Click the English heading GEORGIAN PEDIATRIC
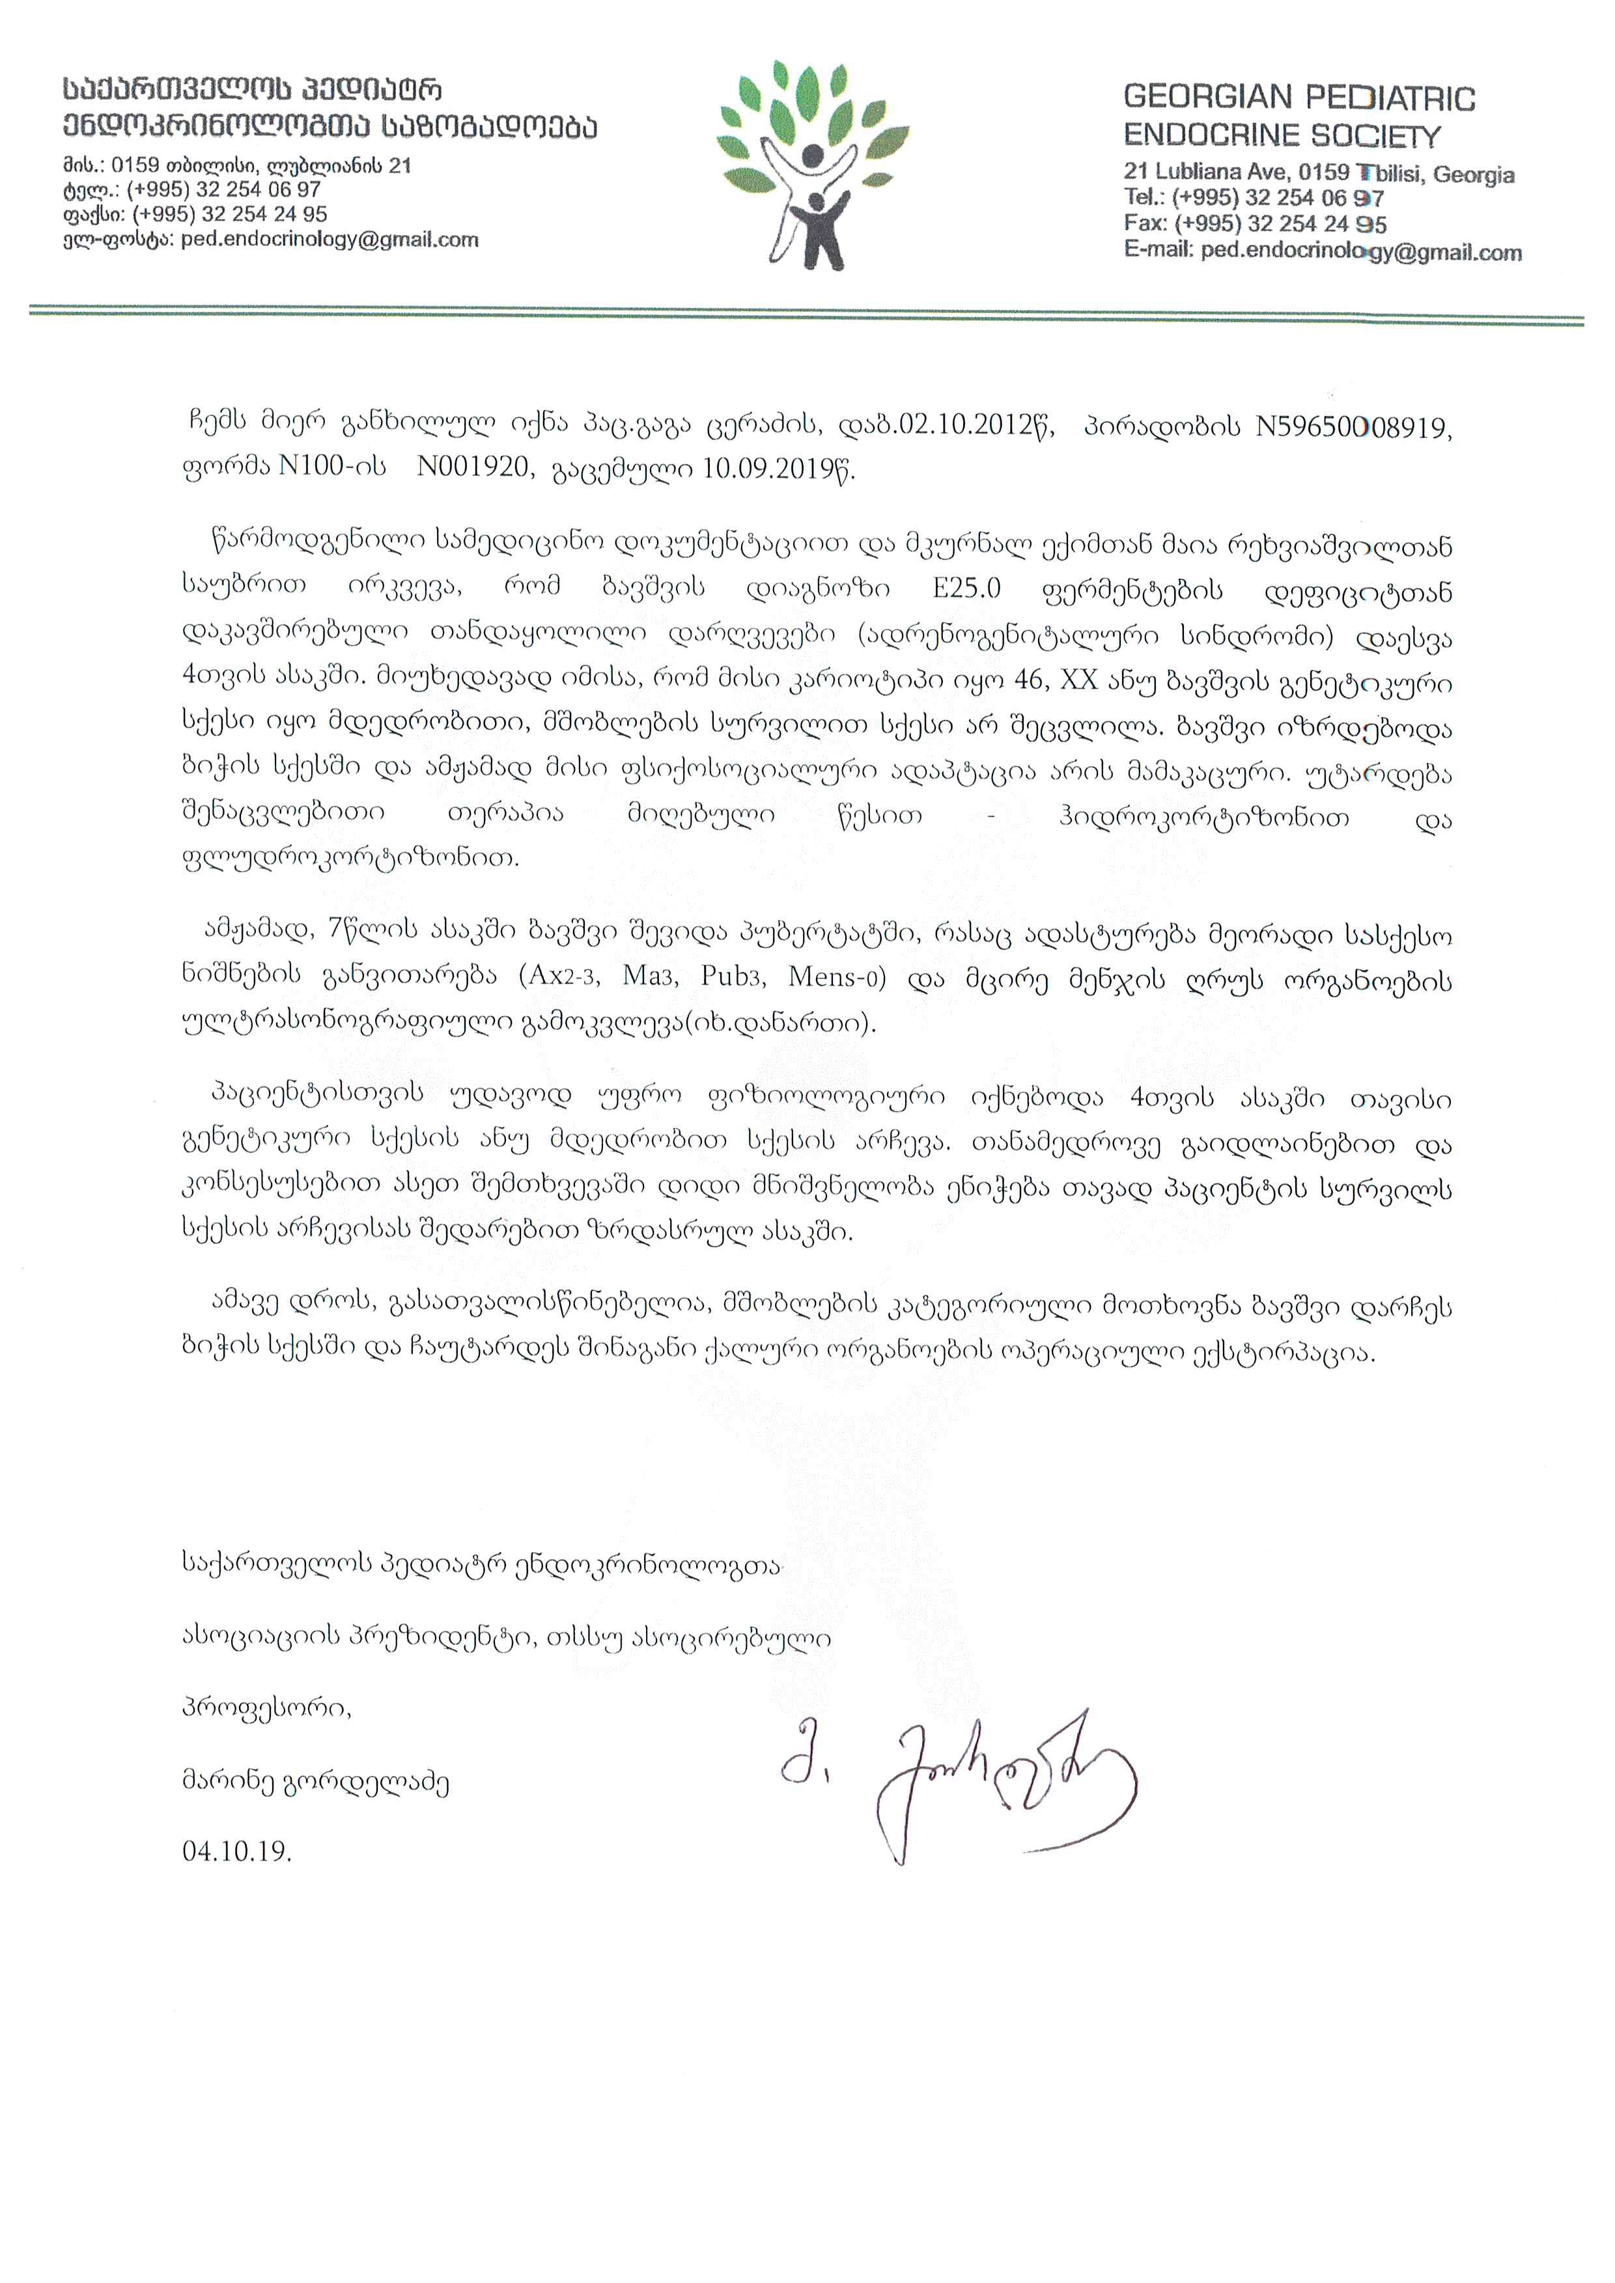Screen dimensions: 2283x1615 [x=1299, y=98]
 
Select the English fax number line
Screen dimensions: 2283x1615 [x=1255, y=224]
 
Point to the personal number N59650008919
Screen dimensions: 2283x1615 [x=1353, y=428]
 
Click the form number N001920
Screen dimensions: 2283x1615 [x=472, y=467]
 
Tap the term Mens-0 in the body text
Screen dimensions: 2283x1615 [x=836, y=976]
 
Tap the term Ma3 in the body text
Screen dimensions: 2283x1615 [x=649, y=976]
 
